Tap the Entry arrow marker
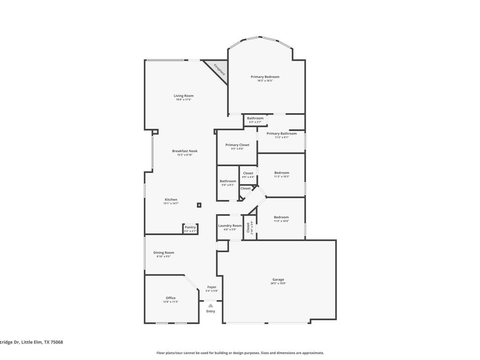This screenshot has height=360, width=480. [x=210, y=306]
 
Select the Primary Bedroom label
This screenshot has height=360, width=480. [x=265, y=77]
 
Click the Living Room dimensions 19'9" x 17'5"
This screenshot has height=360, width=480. [x=184, y=99]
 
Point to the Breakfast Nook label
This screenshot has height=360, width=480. [x=185, y=151]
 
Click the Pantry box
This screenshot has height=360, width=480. [x=190, y=229]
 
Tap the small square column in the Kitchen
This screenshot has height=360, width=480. [x=199, y=205]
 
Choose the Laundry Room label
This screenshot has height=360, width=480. [x=230, y=225]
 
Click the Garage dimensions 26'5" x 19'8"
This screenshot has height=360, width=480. [x=278, y=283]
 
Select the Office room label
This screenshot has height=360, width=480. [x=171, y=298]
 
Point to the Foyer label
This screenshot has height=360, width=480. [x=212, y=287]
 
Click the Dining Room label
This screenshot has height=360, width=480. [x=164, y=253]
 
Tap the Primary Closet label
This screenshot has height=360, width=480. [x=237, y=145]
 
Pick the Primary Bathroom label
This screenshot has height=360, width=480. [x=281, y=134]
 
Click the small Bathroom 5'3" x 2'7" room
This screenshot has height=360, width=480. [x=255, y=120]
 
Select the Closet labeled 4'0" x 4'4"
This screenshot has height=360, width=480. [x=248, y=175]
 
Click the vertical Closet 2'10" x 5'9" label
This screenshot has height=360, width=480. [x=249, y=227]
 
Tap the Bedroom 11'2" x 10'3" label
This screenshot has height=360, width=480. [x=282, y=172]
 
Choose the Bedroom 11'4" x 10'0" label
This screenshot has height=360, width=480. [x=281, y=217]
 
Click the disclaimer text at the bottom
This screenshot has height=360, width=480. [x=240, y=353]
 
